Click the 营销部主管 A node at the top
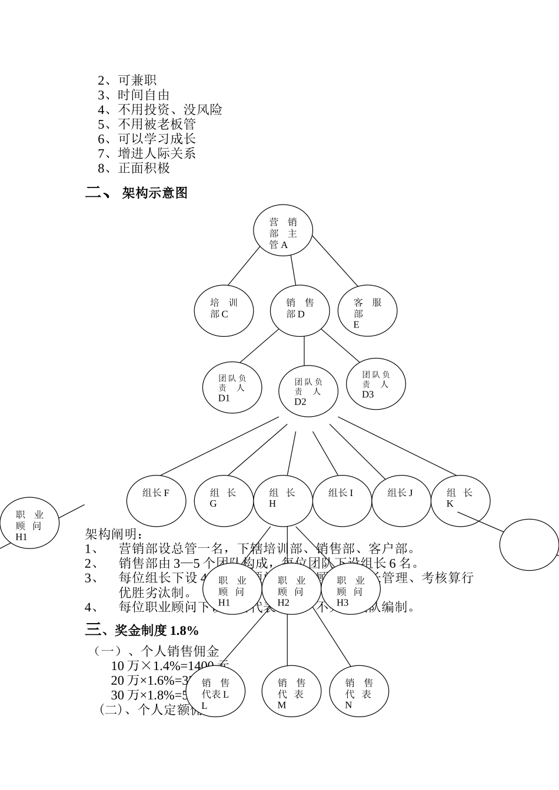coord(282,231)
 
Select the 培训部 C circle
coord(224,311)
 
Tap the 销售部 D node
coord(300,311)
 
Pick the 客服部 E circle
coord(367,311)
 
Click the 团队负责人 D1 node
coord(232,387)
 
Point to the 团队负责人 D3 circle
coord(376,384)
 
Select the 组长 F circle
coord(156,501)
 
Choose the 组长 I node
coord(342,501)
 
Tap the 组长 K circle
coord(460,501)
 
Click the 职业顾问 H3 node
coord(351,589)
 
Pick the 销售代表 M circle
coord(291,691)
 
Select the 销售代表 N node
coord(359,691)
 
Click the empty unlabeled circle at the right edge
coord(529,545)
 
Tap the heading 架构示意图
coord(155,193)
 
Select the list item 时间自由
coord(144,95)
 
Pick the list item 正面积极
coord(144,168)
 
